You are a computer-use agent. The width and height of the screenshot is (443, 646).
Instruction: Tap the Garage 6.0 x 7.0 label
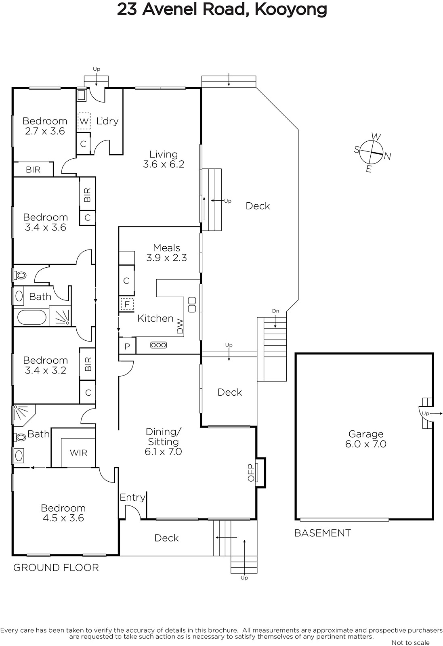pos(366,438)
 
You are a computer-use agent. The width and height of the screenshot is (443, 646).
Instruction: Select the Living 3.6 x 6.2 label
pos(164,159)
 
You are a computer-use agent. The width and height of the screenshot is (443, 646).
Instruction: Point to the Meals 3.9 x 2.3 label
pos(166,253)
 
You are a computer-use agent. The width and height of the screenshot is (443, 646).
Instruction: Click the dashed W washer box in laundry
pos(84,121)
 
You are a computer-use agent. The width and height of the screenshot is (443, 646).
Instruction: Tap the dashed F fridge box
pos(127,304)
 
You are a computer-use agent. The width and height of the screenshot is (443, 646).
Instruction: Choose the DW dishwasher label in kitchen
pos(180,326)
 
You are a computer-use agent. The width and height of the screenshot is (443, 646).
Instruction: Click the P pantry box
pos(127,346)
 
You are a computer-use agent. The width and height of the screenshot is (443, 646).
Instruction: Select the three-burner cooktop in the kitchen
pos(158,345)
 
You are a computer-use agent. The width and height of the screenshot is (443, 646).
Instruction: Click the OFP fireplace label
pos(251,472)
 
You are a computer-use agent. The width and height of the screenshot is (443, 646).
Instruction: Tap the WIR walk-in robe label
pos(78,453)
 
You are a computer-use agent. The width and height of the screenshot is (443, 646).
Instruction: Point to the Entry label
pos(132,497)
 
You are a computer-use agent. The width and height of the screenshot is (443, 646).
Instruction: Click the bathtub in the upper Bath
pos(32,318)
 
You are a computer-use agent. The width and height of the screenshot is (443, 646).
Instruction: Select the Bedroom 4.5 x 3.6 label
pos(63,513)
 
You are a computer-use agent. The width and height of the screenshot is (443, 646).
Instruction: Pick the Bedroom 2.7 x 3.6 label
pos(45,126)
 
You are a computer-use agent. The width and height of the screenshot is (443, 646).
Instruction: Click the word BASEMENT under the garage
pos(322,533)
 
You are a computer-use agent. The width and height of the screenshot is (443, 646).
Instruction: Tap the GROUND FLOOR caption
pos(56,568)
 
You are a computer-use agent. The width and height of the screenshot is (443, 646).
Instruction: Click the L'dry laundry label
pos(107,121)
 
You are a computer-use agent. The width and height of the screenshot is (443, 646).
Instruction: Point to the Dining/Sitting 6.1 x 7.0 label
pos(163,442)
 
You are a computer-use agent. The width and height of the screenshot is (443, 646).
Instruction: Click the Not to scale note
pos(410,642)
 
